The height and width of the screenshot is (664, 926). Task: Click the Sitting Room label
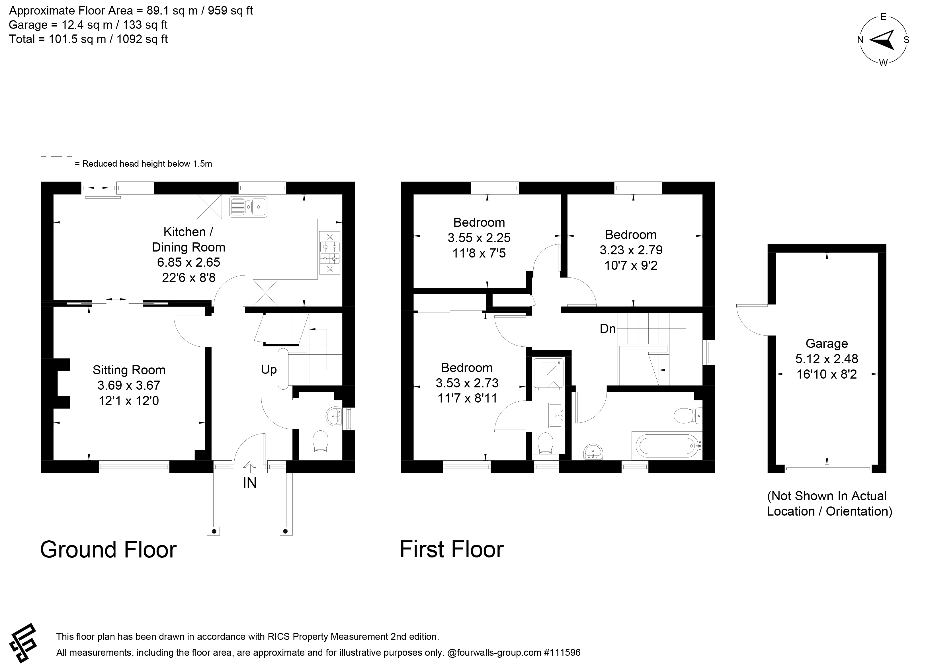(129, 370)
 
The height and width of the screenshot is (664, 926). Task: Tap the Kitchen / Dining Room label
(188, 239)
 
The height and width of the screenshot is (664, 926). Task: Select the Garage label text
(827, 344)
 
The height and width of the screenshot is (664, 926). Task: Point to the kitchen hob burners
(330, 253)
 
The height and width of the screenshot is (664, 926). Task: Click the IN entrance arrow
(249, 467)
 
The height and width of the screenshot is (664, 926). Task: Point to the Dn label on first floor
(608, 329)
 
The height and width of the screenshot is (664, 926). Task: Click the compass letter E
(884, 17)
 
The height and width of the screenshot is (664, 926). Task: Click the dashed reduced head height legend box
(57, 164)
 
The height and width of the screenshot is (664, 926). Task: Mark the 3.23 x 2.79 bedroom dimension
(631, 250)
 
